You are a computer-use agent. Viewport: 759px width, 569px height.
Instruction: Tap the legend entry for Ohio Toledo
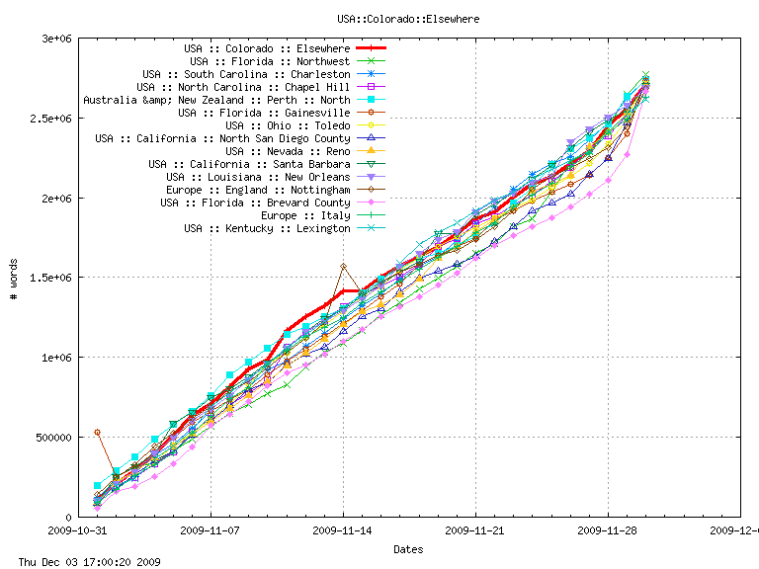tap(288, 125)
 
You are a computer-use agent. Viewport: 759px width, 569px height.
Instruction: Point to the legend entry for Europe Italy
tap(305, 215)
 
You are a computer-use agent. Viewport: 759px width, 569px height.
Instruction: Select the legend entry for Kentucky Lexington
tap(267, 228)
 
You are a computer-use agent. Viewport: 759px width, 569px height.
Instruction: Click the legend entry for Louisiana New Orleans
tap(258, 177)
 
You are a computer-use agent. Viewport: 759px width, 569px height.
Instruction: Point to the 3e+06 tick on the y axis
tap(54, 39)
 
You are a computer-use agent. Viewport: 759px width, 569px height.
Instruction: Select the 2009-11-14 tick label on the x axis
tap(343, 530)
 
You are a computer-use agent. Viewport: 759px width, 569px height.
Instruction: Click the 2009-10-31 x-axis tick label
tap(78, 530)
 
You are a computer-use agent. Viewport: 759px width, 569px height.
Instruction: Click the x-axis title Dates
tap(408, 549)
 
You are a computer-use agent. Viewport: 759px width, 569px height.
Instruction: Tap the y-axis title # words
tap(14, 278)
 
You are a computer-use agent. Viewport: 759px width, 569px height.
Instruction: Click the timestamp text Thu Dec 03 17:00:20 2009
tap(81, 562)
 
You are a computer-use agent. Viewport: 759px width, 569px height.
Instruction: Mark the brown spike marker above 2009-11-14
tap(343, 266)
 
